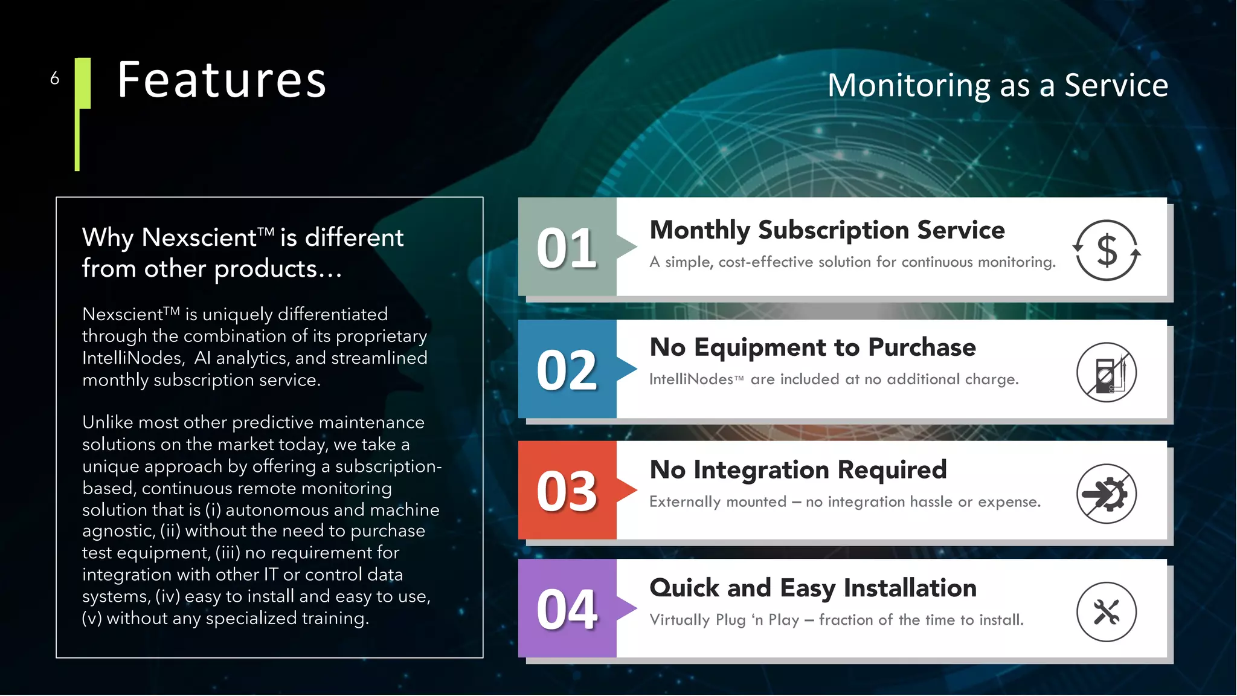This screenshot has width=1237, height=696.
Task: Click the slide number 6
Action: pyautogui.click(x=55, y=79)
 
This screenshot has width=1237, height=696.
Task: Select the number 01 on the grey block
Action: pyautogui.click(x=567, y=248)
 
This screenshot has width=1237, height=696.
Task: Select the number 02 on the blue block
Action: pyautogui.click(x=567, y=370)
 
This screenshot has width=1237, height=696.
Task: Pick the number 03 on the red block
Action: pyautogui.click(x=567, y=491)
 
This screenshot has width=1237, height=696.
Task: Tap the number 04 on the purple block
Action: pyautogui.click(x=567, y=610)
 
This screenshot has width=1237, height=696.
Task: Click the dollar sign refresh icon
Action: pyautogui.click(x=1107, y=250)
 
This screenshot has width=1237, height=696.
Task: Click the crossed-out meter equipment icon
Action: pyautogui.click(x=1107, y=372)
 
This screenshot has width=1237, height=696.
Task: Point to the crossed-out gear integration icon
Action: pyautogui.click(x=1107, y=494)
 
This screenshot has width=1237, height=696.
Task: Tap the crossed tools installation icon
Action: pyautogui.click(x=1107, y=612)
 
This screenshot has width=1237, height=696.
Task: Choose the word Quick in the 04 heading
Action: pyautogui.click(x=684, y=588)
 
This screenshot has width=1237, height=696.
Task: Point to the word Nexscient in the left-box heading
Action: pyautogui.click(x=199, y=237)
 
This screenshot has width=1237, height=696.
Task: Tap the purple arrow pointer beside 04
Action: pyautogui.click(x=627, y=608)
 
